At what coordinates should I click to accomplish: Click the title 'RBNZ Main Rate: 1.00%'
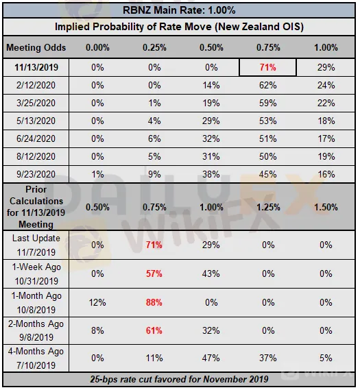179,10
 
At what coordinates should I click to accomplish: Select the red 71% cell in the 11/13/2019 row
268,67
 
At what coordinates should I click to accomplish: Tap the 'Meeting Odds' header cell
36,47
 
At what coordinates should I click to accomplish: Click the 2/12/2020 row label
36,85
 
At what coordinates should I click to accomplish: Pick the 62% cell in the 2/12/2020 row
268,85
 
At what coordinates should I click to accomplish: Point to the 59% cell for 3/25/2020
268,103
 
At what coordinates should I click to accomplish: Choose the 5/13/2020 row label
36,121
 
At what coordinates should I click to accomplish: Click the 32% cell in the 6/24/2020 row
211,138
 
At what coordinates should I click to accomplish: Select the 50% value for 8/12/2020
268,156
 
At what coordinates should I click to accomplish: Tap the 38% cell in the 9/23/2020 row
211,174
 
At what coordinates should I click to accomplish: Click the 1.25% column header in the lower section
268,207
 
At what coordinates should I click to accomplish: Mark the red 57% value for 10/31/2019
154,274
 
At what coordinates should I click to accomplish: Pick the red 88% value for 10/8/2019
154,303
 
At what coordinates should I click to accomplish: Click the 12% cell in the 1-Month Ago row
97,303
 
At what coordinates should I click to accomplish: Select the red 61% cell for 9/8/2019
154,331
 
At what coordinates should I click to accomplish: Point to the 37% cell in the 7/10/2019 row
268,358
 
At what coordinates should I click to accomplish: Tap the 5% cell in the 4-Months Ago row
326,358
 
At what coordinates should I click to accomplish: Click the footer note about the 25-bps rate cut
179,380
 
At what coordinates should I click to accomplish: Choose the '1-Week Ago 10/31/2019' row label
36,274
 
